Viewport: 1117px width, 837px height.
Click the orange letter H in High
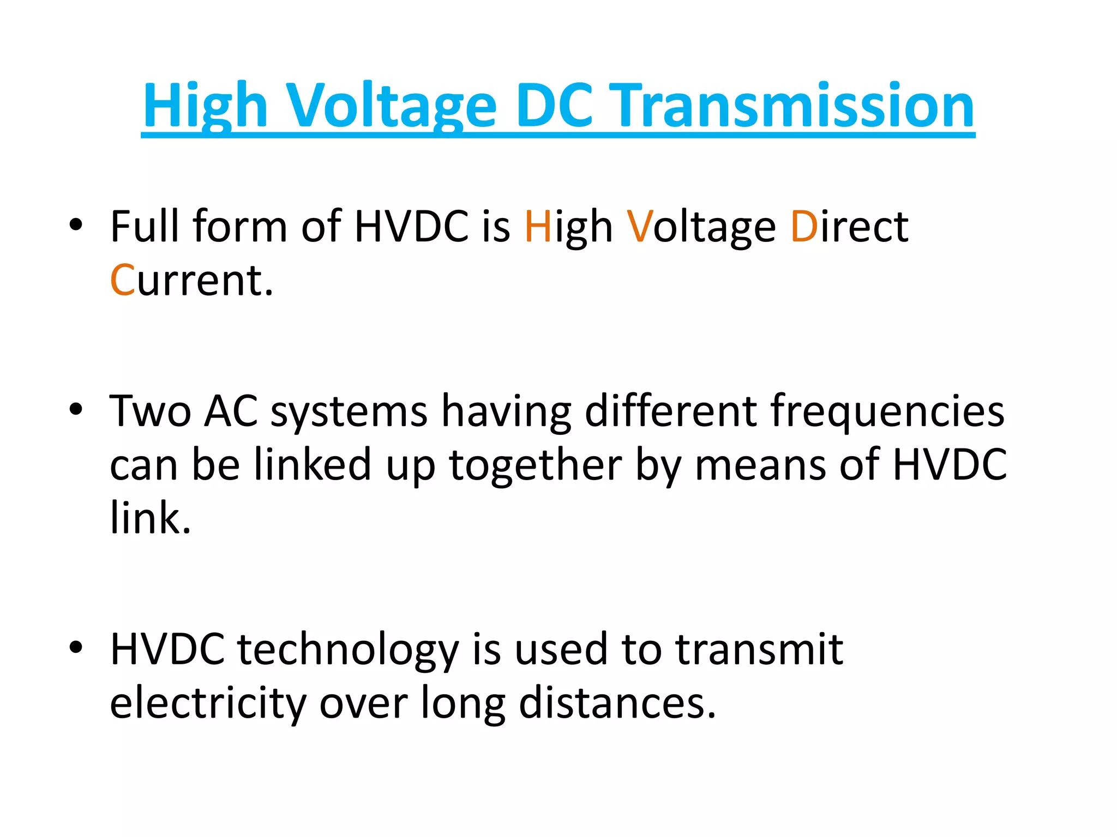pyautogui.click(x=538, y=226)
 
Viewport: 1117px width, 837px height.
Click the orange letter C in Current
pyautogui.click(x=122, y=280)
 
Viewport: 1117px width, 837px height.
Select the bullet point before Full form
pyautogui.click(x=76, y=225)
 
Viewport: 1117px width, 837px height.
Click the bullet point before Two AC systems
pyautogui.click(x=76, y=409)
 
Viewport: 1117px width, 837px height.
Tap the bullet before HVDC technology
pyautogui.click(x=76, y=647)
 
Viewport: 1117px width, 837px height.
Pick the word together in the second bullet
pyautogui.click(x=535, y=465)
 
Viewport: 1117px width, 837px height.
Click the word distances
pyautogui.click(x=617, y=703)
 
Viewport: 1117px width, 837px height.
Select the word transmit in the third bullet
pyautogui.click(x=759, y=650)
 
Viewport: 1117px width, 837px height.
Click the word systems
pyautogui.click(x=349, y=411)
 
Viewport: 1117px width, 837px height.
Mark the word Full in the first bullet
pyautogui.click(x=144, y=226)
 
